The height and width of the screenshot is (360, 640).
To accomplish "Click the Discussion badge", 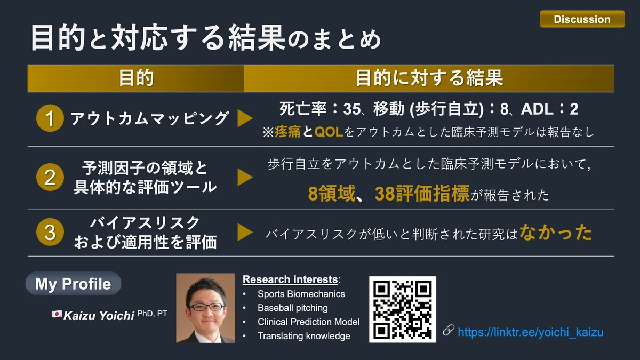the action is [582, 19].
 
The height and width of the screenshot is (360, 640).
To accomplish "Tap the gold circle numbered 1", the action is [50, 118].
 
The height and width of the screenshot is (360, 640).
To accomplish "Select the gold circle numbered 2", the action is [50, 177].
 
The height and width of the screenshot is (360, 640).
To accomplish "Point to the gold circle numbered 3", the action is [50, 232].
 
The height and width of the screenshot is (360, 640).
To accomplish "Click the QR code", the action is [403, 309].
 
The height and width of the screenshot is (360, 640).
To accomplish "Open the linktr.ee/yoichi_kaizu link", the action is [531, 332].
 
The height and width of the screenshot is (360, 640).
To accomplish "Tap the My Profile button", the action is [73, 283].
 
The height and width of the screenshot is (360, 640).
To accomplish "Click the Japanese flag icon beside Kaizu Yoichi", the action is [57, 314].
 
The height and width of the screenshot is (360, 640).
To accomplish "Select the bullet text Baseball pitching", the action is [293, 308].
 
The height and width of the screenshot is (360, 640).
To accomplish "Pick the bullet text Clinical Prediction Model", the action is [308, 322].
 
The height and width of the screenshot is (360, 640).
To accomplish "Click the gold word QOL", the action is [329, 132].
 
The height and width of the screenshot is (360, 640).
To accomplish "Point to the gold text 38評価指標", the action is [422, 194].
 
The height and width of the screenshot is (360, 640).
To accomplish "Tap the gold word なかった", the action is [555, 233].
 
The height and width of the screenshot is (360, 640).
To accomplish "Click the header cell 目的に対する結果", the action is [429, 78].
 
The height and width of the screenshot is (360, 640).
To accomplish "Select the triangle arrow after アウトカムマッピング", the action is [245, 118].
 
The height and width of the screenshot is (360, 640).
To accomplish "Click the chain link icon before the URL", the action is [449, 330].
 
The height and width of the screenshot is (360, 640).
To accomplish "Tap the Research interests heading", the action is [291, 279].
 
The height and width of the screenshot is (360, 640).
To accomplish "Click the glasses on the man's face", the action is [206, 307].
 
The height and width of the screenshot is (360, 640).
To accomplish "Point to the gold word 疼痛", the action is [287, 132].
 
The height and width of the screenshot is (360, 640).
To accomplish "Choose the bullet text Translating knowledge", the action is [303, 336].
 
